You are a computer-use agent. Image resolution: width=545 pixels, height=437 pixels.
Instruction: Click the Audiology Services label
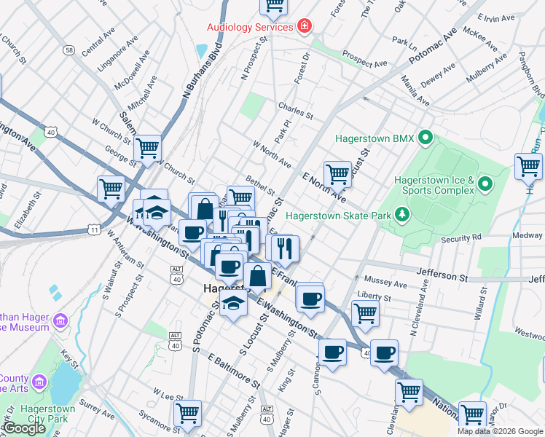pyautogui.click(x=249, y=27)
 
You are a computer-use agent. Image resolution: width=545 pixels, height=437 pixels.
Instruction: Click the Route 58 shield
pyautogui.click(x=69, y=50)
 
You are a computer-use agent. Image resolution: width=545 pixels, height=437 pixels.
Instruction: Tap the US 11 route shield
pyautogui.click(x=94, y=229)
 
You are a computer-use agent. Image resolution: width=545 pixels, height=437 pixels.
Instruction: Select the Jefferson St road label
pyautogui.click(x=442, y=277)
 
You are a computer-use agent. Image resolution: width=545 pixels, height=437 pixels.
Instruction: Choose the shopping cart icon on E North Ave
pyautogui.click(x=337, y=174)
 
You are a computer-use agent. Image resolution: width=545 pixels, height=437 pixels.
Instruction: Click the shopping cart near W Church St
pyautogui.click(x=148, y=148)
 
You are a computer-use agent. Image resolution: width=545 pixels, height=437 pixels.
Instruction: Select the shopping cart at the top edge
pyautogui.click(x=274, y=6)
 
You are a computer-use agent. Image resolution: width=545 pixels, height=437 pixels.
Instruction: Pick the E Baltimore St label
pyautogui.click(x=233, y=371)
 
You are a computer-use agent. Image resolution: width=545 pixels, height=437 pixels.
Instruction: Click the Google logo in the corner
pyautogui.click(x=25, y=428)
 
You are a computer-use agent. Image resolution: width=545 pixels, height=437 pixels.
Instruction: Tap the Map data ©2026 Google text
pyautogui.click(x=500, y=431)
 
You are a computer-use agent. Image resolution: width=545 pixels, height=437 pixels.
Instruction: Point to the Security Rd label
pyautogui.click(x=461, y=237)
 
